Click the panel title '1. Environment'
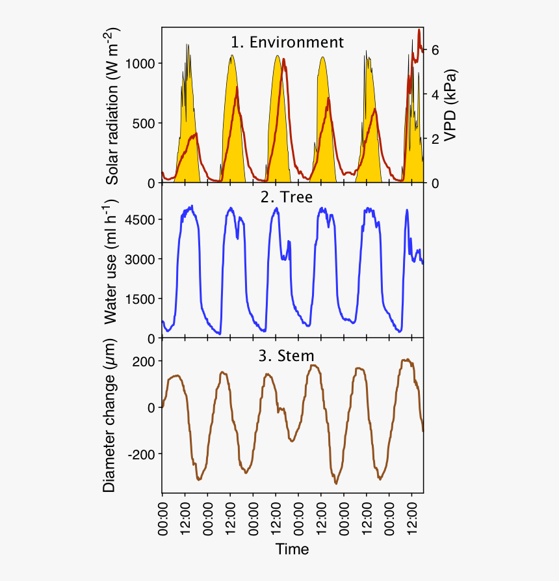(x=287, y=43)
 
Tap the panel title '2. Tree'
(x=287, y=197)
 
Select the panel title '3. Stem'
(x=287, y=356)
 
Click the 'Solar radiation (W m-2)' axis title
(x=113, y=107)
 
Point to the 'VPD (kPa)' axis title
(x=449, y=105)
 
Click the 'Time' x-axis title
(x=292, y=549)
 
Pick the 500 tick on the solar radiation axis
(x=144, y=124)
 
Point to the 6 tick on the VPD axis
(x=436, y=50)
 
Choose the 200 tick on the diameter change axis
(x=144, y=362)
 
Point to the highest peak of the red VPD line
(x=419, y=30)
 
